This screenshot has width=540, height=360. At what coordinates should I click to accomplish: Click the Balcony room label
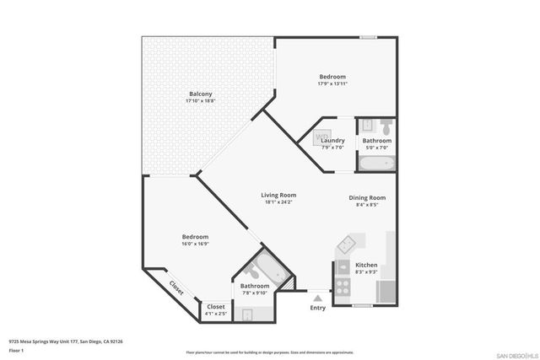tap(200, 93)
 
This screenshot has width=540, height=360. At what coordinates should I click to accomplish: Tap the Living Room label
tap(277, 195)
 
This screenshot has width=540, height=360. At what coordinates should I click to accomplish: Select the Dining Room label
tap(368, 196)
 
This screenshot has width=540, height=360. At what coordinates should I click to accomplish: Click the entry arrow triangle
tap(317, 297)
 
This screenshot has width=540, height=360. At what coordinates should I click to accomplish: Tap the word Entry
tap(317, 308)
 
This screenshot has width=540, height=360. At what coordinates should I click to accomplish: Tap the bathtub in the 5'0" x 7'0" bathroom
tap(375, 162)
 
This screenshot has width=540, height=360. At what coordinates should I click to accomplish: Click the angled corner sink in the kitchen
tap(348, 246)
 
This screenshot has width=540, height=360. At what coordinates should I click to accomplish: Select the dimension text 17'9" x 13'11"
tap(332, 84)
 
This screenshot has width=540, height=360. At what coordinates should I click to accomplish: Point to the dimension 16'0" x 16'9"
tap(195, 244)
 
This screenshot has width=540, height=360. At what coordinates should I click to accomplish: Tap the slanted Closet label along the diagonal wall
tap(176, 287)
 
